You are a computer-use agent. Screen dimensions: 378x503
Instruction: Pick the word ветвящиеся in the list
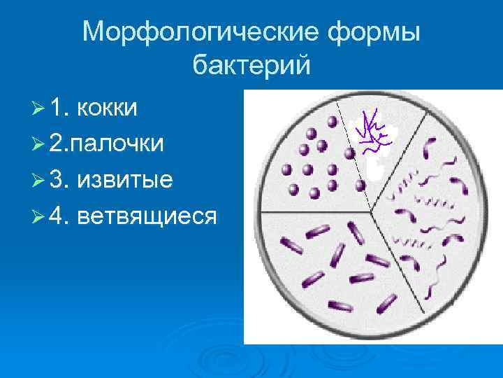point(147,216)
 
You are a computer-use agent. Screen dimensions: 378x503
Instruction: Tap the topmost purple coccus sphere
point(333,121)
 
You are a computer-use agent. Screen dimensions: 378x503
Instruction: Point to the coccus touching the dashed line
point(359,185)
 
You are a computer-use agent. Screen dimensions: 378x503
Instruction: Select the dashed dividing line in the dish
point(353,154)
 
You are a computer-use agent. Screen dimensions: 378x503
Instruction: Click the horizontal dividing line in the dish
point(314,211)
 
